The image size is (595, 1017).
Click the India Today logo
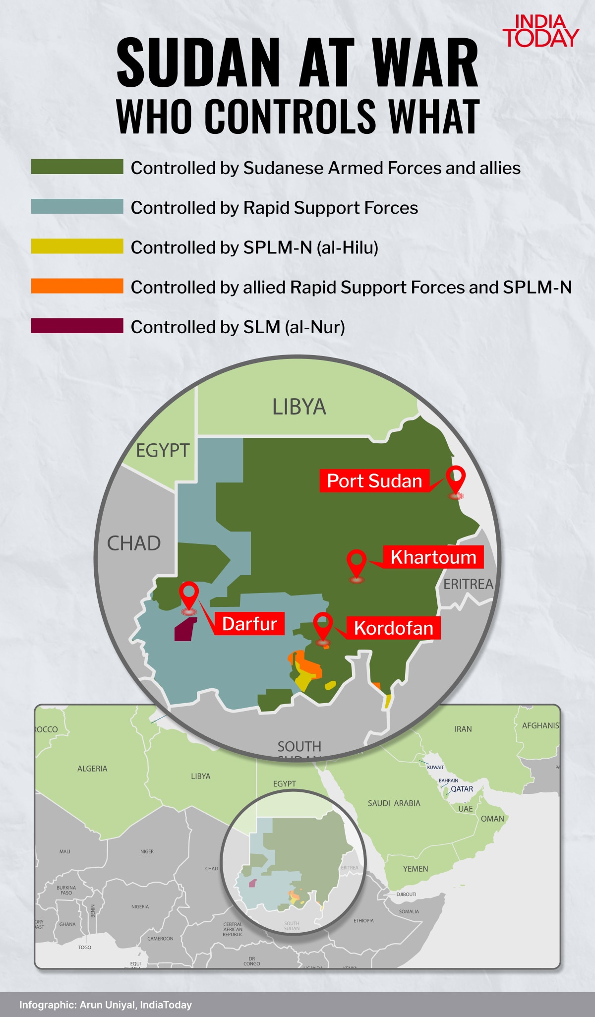pos(540,31)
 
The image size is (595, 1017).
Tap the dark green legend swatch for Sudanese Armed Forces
pos(77,167)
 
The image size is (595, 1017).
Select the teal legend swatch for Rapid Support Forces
pos(77,206)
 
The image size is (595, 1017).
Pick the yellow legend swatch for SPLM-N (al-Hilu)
pos(77,246)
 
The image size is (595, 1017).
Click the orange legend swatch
pos(77,286)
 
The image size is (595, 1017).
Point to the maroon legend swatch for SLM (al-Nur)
pos(77,326)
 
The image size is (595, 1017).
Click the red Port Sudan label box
pos(374,481)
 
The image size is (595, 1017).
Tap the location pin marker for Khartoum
pos(357,564)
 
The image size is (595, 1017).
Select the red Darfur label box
pos(249,624)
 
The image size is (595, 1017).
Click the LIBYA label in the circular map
pos(299,407)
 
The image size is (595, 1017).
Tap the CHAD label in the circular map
pos(134,543)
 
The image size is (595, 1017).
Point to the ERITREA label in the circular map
pos(468,585)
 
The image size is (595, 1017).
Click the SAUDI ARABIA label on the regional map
pos(394,803)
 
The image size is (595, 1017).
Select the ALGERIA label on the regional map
pos(92,769)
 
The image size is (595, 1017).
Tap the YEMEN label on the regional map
pos(416,869)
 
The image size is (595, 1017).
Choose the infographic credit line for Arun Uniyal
pos(106,1005)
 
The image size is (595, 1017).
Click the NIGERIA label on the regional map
pos(140,906)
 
